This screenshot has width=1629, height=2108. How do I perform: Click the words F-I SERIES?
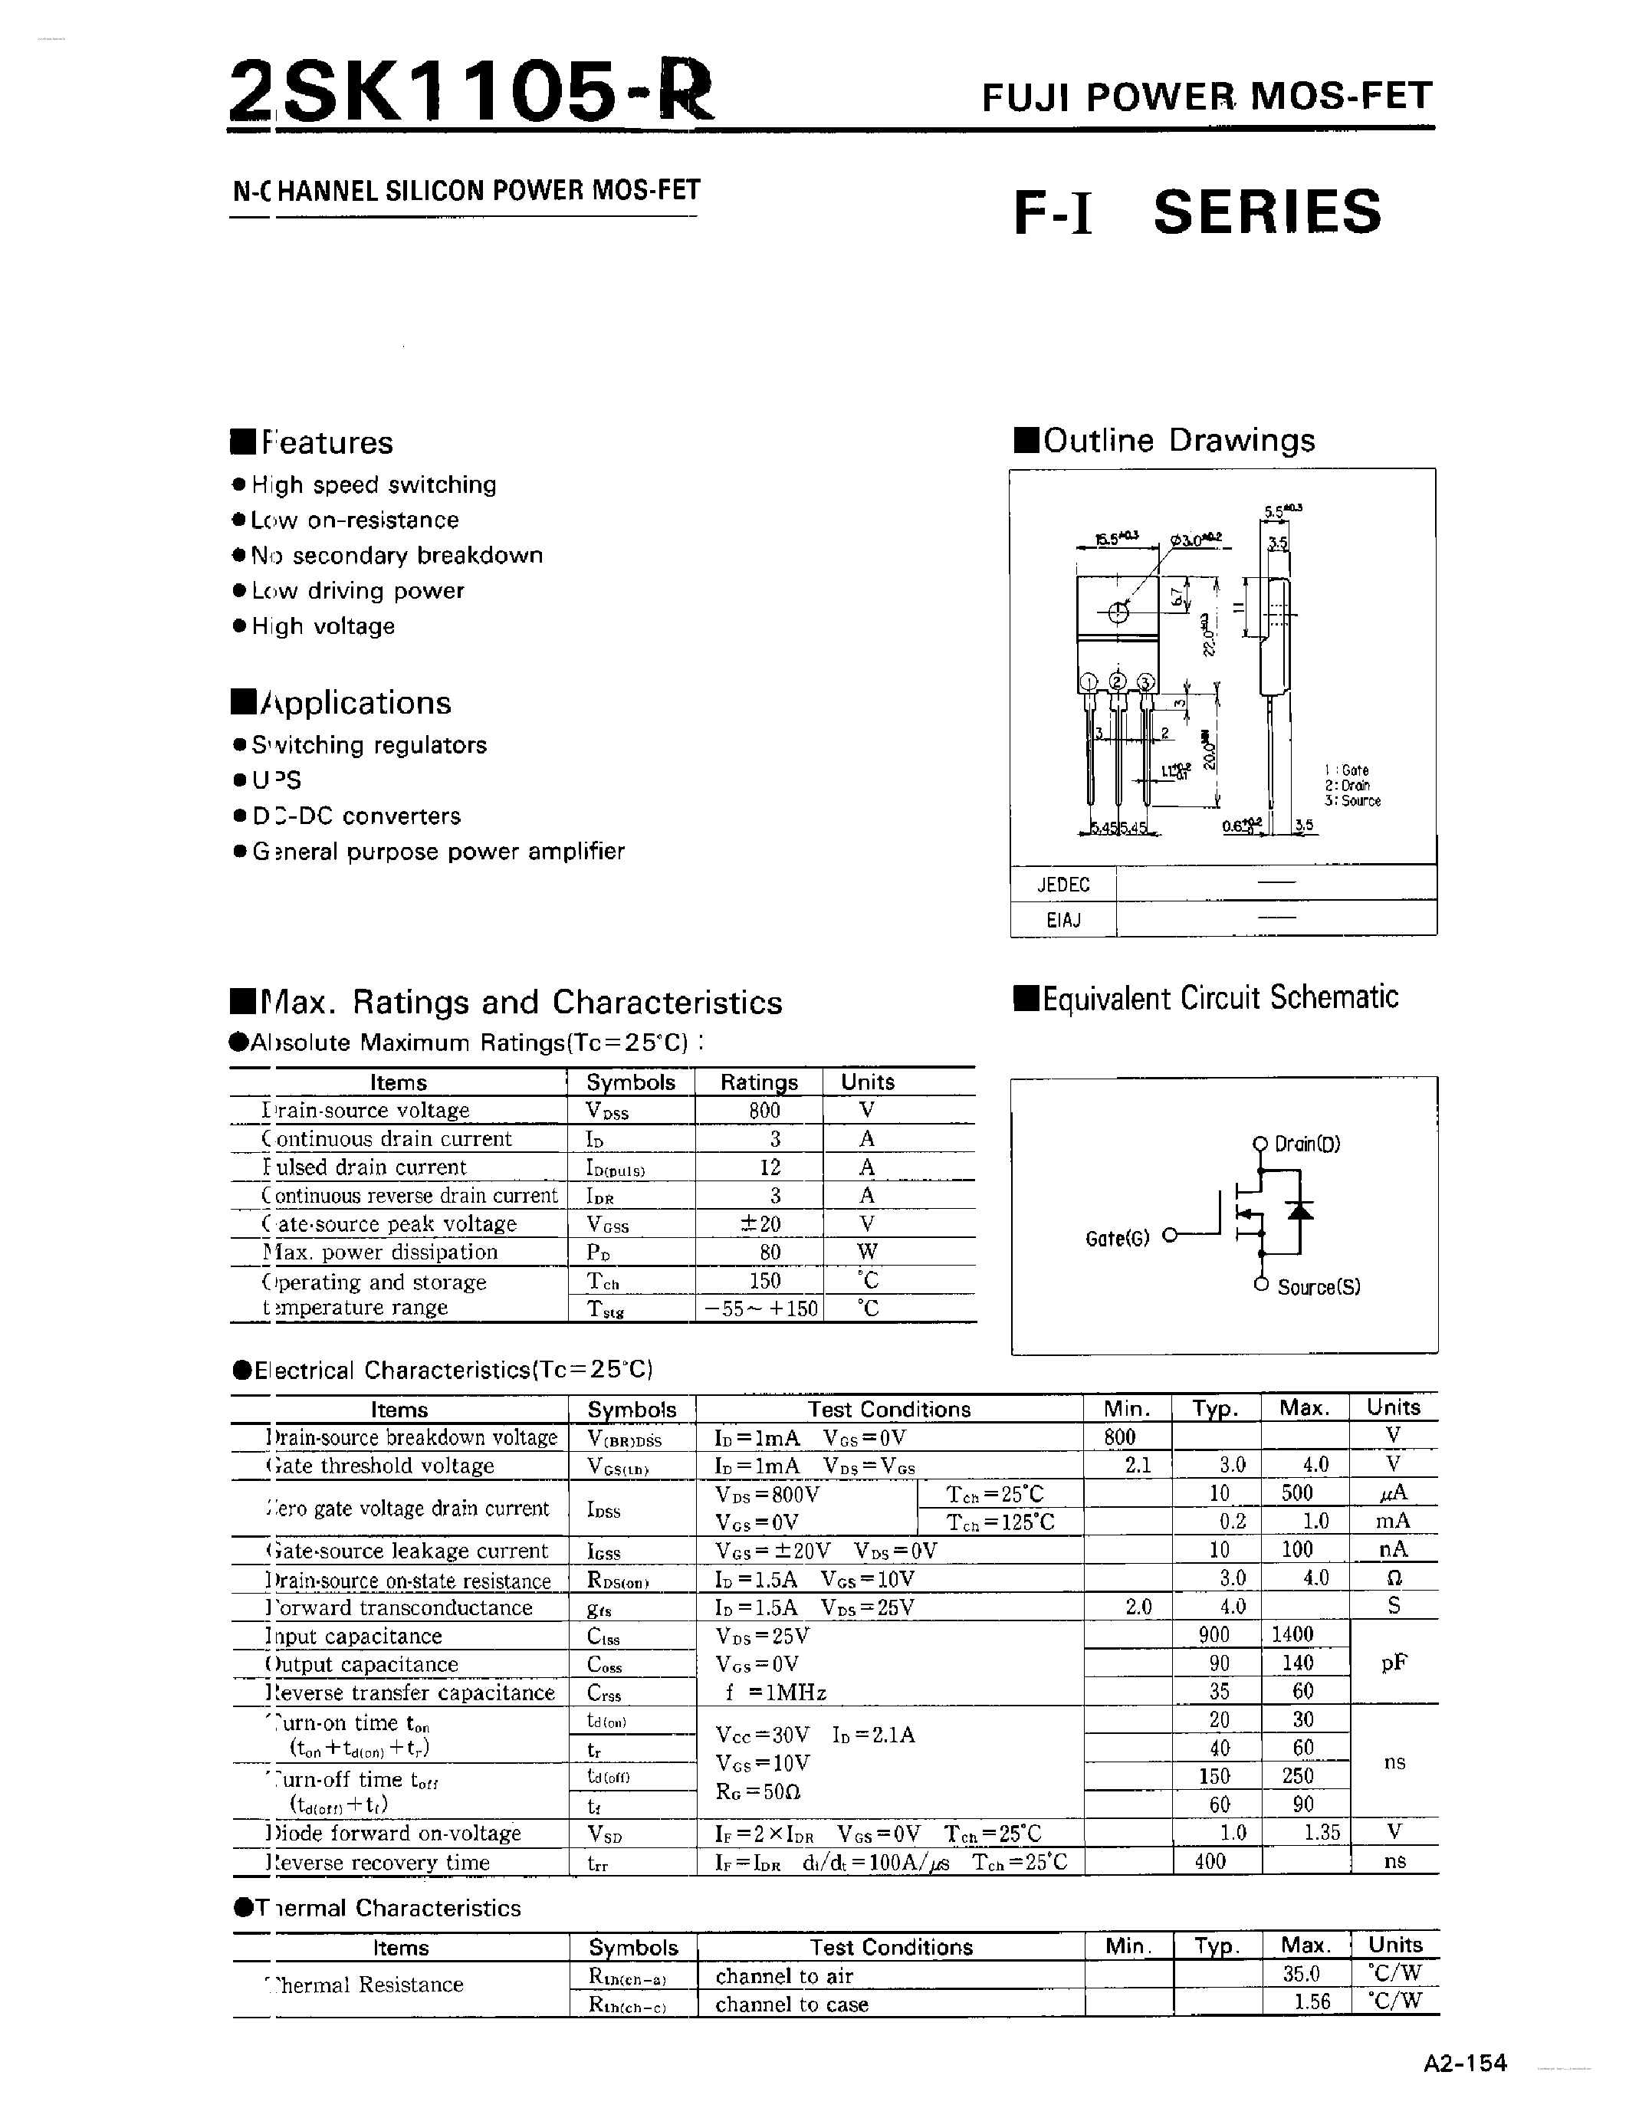coord(1197,212)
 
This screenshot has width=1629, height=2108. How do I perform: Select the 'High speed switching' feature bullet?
coord(373,484)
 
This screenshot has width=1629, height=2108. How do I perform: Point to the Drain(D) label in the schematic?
coord(1307,1144)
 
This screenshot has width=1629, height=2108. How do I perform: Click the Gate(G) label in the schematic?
coord(1117,1238)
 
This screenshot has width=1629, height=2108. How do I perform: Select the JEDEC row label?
coord(1062,884)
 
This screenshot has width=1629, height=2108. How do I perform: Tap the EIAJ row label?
coord(1062,920)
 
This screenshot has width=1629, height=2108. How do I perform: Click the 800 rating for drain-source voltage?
coord(764,1110)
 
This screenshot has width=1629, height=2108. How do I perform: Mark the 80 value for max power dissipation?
coord(769,1252)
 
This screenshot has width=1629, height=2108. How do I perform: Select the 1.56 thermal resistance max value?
coord(1312,2001)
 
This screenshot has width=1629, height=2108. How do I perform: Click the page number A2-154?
coord(1464,2062)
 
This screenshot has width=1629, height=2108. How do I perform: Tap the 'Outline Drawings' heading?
coord(1178,440)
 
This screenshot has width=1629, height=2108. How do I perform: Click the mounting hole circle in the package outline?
coord(1118,611)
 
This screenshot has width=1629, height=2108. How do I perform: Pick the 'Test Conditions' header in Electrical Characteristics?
coord(888,1409)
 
